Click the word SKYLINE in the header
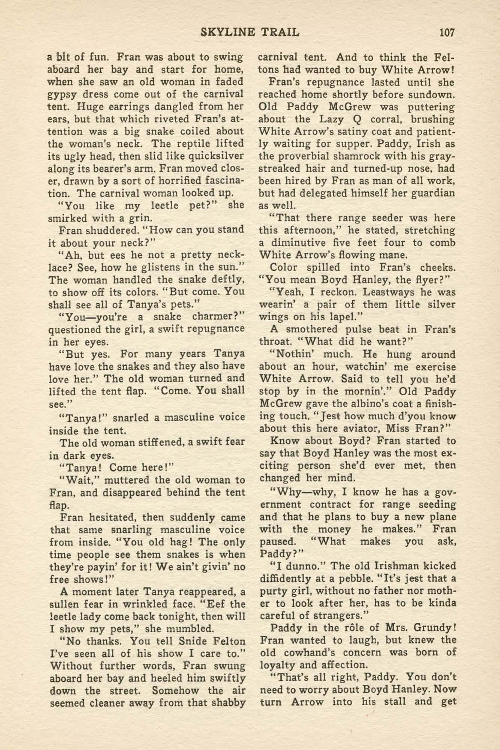224,33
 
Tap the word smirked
65,218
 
